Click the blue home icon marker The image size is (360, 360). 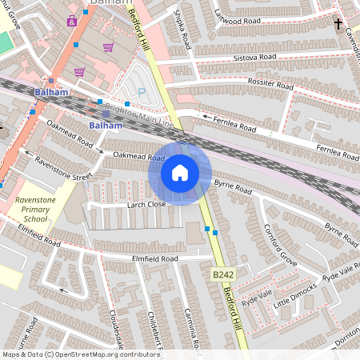point(180,173)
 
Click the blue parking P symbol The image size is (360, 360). point(142,93)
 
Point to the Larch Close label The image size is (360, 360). point(146,205)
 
